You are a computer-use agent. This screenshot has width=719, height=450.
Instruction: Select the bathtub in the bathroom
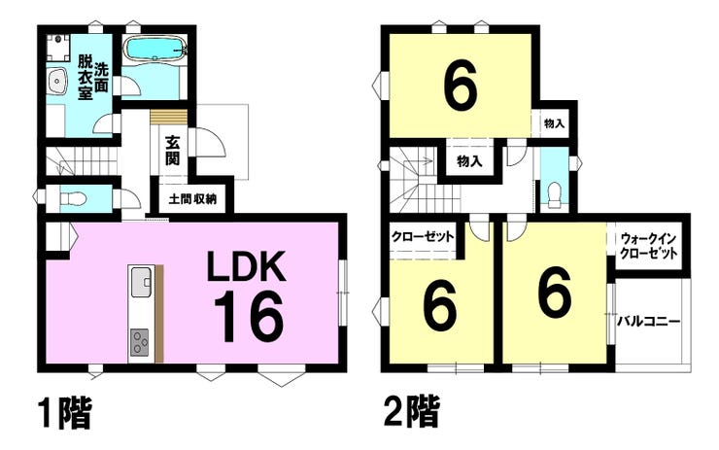point(156,48)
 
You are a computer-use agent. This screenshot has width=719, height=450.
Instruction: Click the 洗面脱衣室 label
point(93,76)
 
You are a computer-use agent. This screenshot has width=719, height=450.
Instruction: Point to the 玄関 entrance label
point(173,150)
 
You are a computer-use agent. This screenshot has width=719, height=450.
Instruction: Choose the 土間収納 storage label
point(192,200)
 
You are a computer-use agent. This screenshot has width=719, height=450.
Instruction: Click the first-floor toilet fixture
point(74,199)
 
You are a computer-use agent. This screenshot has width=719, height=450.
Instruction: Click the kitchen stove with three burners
point(141,343)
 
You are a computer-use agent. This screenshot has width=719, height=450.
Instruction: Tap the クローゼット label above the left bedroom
point(422,236)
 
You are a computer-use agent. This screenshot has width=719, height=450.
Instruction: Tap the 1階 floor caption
point(65,412)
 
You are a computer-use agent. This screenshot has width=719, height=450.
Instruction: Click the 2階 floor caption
point(408,412)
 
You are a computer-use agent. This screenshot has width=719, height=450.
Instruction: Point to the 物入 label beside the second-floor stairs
point(468,161)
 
